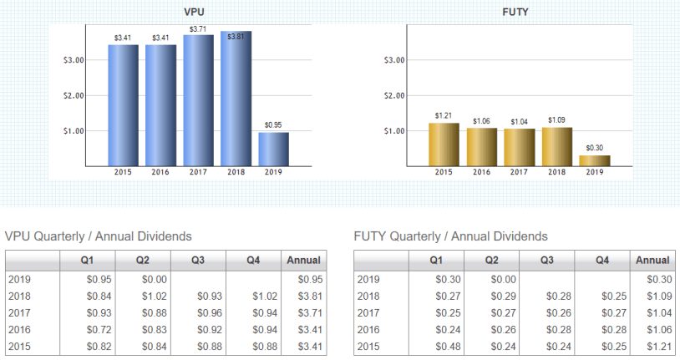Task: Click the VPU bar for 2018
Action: [x=236, y=99]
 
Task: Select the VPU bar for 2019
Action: [x=273, y=149]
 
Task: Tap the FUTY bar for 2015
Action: [x=444, y=145]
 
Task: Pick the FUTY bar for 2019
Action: [x=594, y=160]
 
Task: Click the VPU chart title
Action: [x=197, y=13]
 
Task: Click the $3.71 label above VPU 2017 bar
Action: [x=198, y=29]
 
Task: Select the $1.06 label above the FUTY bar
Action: [x=481, y=122]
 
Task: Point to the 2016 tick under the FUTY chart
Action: [x=481, y=172]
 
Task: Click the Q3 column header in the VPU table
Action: [x=197, y=261]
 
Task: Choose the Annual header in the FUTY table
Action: [x=652, y=261]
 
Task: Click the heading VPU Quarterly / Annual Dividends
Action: [x=99, y=236]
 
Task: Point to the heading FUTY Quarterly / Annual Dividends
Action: [x=451, y=236]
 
